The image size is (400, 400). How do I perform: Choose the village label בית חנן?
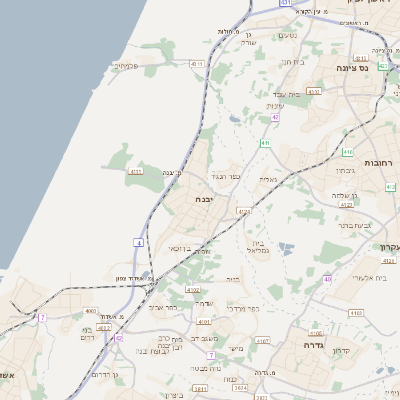(x=292, y=62)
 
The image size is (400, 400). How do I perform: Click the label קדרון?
(x=346, y=351)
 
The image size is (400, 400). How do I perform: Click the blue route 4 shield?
(x=137, y=242)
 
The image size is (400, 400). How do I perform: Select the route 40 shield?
(x=327, y=280)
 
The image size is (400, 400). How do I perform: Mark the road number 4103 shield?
(x=356, y=313)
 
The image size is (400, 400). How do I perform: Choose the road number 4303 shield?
(x=314, y=92)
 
